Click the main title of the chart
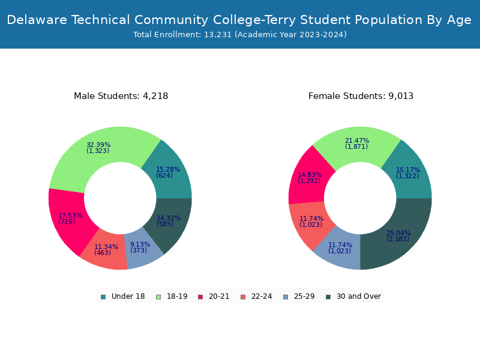coord(239,20)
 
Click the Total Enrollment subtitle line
coord(239,35)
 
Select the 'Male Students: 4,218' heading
coord(121,96)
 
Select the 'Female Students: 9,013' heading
coord(361,96)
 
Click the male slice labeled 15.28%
coord(168,172)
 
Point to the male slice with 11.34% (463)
coord(106,250)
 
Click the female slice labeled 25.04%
coord(398,236)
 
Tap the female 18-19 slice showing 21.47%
coord(356,143)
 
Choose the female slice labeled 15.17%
coord(408,173)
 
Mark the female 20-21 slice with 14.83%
coord(310,178)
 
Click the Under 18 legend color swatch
coord(103,296)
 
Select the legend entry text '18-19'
coord(177,296)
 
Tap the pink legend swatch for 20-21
coord(200,296)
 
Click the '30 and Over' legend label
coord(358,296)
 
